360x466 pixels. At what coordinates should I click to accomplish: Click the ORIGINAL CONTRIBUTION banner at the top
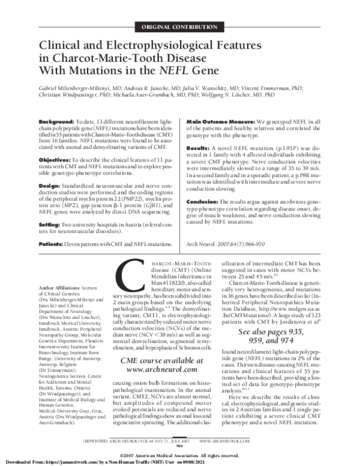click(x=180, y=28)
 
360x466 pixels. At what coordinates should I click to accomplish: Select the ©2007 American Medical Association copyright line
click(x=180, y=453)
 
